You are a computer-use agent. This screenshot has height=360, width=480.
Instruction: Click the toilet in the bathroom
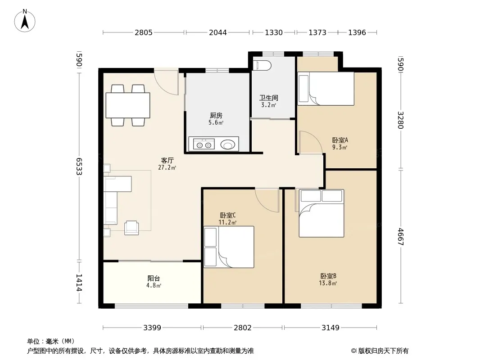(x=262, y=65)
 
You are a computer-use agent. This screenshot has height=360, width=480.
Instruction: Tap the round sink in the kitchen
(x=227, y=144)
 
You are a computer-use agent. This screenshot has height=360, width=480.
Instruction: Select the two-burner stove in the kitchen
(x=204, y=144)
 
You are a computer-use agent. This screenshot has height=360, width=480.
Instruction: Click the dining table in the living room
(x=127, y=105)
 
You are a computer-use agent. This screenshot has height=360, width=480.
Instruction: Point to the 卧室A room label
(x=340, y=140)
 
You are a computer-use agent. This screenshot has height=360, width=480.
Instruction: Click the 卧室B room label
(x=328, y=276)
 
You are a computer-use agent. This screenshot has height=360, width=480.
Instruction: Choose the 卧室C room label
(x=227, y=216)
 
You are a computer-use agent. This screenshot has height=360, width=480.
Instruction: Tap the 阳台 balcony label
(x=154, y=279)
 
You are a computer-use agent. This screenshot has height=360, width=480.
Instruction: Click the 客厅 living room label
(x=167, y=160)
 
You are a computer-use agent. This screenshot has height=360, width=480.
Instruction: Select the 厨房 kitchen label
(x=216, y=115)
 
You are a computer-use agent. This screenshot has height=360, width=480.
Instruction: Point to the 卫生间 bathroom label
(x=269, y=98)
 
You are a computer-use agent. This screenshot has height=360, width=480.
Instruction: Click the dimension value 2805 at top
(x=144, y=32)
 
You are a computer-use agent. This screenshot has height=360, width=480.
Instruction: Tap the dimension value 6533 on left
(x=79, y=166)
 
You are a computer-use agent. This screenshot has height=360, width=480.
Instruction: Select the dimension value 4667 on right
(x=401, y=237)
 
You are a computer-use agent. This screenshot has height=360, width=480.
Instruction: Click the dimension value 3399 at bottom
(x=152, y=328)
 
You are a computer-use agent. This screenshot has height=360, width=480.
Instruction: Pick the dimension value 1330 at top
(x=274, y=32)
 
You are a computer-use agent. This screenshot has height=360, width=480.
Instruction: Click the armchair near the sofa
(x=131, y=228)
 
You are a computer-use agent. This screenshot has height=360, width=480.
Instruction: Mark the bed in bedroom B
(x=322, y=213)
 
